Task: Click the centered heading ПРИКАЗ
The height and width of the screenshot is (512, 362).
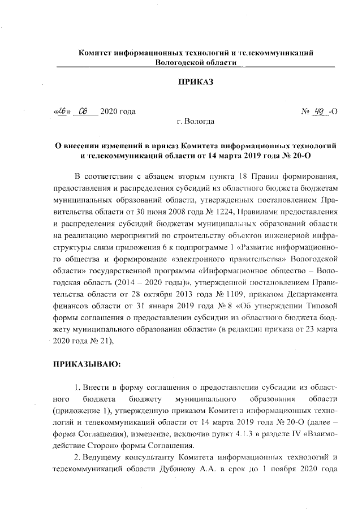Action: pyautogui.click(x=196, y=83)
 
